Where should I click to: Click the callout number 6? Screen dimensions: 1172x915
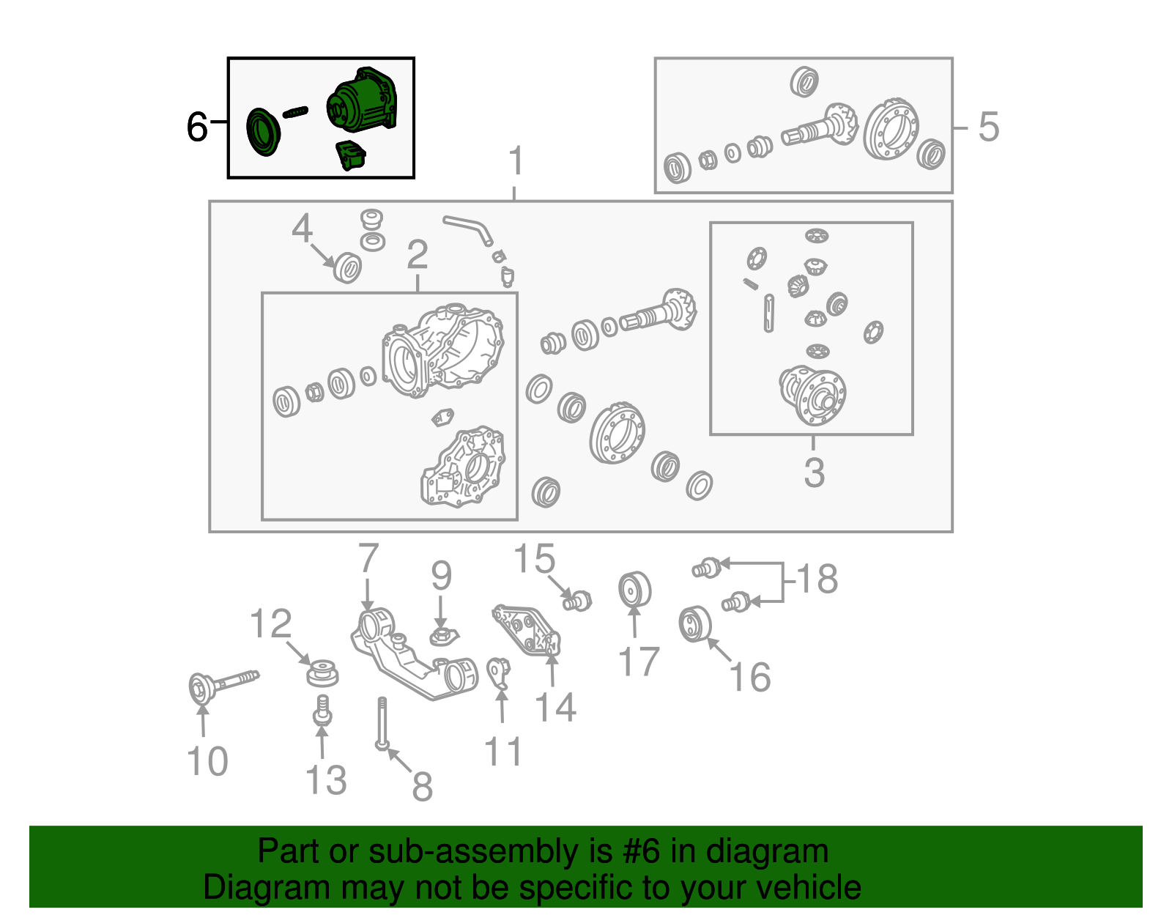197,127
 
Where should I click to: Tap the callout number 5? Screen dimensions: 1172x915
989,127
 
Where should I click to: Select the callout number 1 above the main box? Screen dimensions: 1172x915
516,160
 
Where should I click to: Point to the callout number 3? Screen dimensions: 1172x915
814,473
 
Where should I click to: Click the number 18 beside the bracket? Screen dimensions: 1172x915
817,579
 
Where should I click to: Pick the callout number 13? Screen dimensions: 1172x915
326,779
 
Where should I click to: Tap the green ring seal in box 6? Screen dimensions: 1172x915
263,132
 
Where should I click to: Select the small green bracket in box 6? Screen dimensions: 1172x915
351,155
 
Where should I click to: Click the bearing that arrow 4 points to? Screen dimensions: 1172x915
347,267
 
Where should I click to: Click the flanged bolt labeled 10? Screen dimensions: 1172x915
223,687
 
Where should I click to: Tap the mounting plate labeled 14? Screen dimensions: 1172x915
527,630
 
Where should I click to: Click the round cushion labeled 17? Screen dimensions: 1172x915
635,590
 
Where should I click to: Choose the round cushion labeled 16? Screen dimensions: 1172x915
695,624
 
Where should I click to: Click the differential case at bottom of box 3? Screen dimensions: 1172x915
813,395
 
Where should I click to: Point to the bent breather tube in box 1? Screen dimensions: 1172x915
467,230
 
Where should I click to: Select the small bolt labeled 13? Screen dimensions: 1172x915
322,711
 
